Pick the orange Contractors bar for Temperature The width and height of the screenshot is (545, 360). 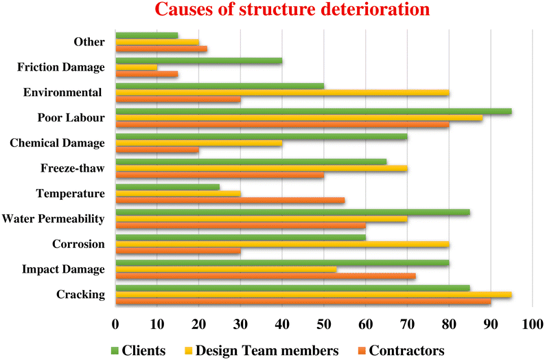point(230,201)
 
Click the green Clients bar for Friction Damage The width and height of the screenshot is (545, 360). point(199,60)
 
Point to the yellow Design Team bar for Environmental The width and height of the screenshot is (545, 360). point(282,93)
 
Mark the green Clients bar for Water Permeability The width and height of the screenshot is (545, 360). point(292,212)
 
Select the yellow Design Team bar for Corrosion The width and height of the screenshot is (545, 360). point(282,244)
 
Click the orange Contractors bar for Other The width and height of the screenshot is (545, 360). point(161,49)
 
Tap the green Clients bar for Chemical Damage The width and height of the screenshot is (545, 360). point(262,136)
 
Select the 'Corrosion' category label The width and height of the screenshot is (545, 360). point(78,244)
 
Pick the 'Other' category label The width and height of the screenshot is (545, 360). point(89,42)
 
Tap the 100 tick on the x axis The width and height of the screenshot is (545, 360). point(532,323)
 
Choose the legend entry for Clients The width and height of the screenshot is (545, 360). point(137,350)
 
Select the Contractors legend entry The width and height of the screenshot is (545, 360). point(397,350)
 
